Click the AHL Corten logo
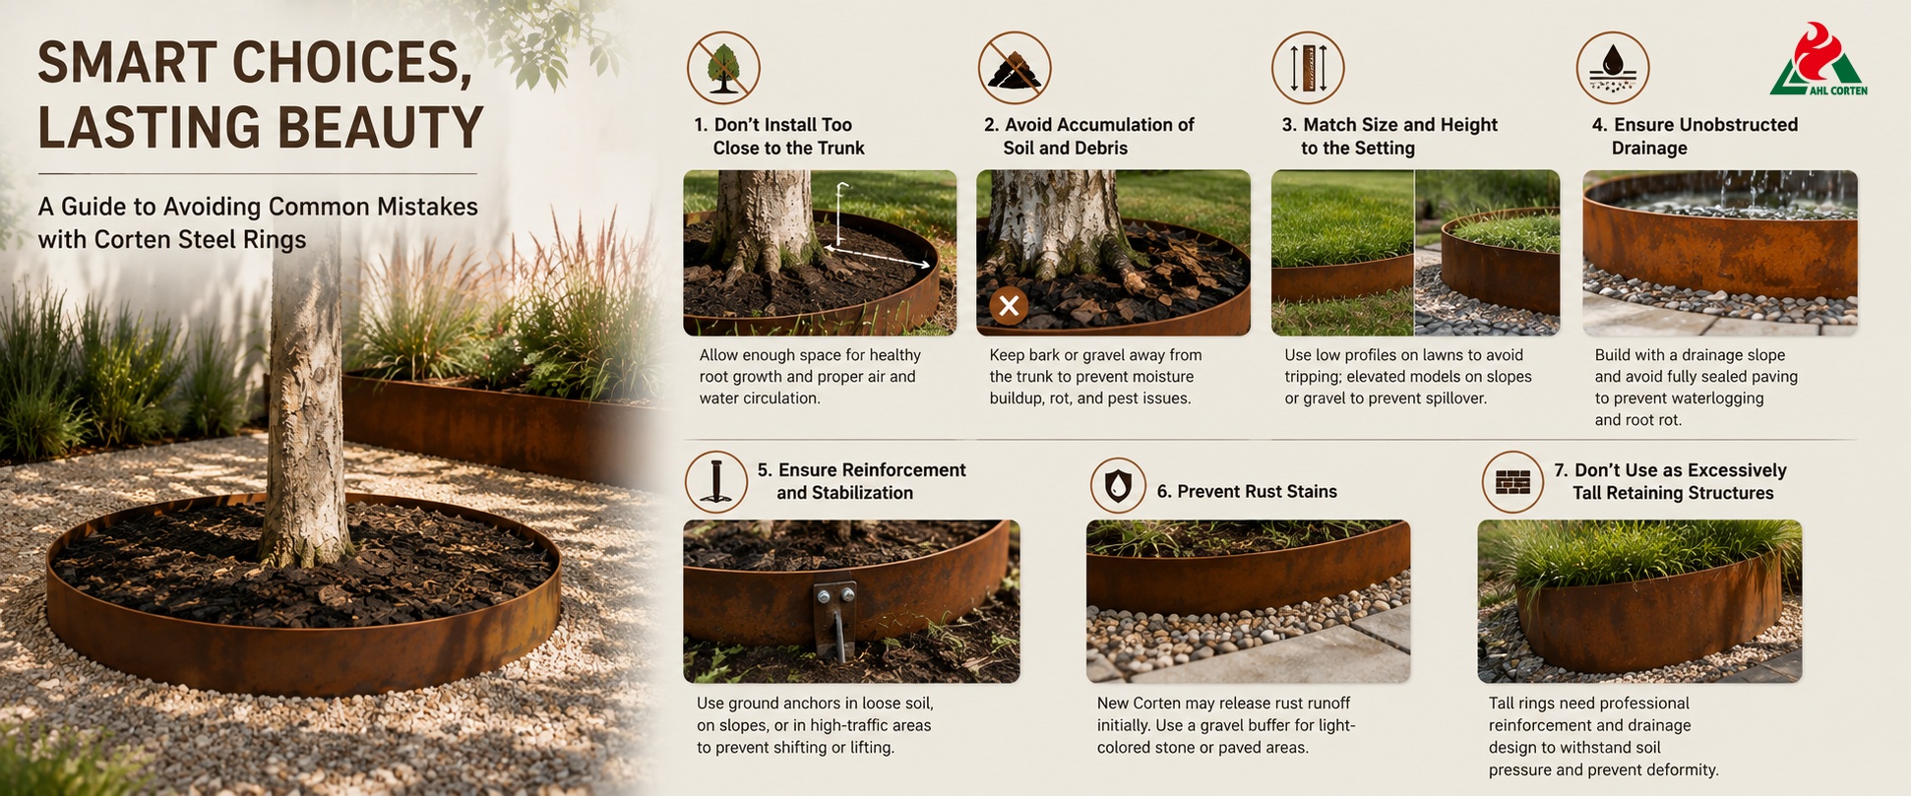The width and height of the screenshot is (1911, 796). [x=1819, y=61]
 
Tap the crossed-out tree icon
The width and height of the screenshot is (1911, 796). [x=723, y=68]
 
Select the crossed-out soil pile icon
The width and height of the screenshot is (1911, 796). [x=1015, y=68]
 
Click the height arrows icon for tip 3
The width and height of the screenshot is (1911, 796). [x=1308, y=68]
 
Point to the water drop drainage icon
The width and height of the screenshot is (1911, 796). [x=1613, y=68]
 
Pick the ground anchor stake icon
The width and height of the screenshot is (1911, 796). [x=716, y=481]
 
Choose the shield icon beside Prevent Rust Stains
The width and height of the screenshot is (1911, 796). [x=1118, y=485]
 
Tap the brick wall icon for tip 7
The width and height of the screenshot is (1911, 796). [x=1512, y=481]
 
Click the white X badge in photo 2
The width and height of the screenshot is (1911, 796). [x=1009, y=306]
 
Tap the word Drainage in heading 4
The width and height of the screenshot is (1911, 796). [x=1649, y=148]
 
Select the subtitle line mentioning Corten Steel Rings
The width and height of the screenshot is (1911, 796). [x=172, y=239]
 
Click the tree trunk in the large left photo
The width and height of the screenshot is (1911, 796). [x=308, y=394]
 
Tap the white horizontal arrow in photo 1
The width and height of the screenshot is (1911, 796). [x=878, y=256]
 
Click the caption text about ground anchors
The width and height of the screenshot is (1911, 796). [x=815, y=725]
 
